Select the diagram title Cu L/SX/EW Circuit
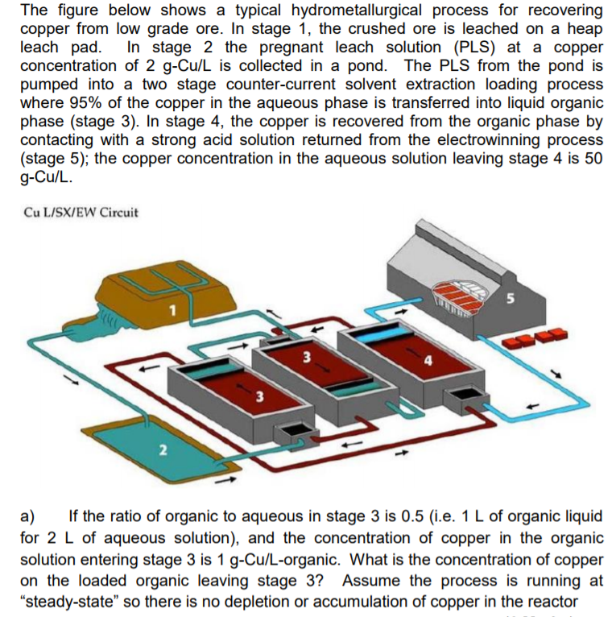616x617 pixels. coord(81,213)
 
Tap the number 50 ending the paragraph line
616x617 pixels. coord(592,158)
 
